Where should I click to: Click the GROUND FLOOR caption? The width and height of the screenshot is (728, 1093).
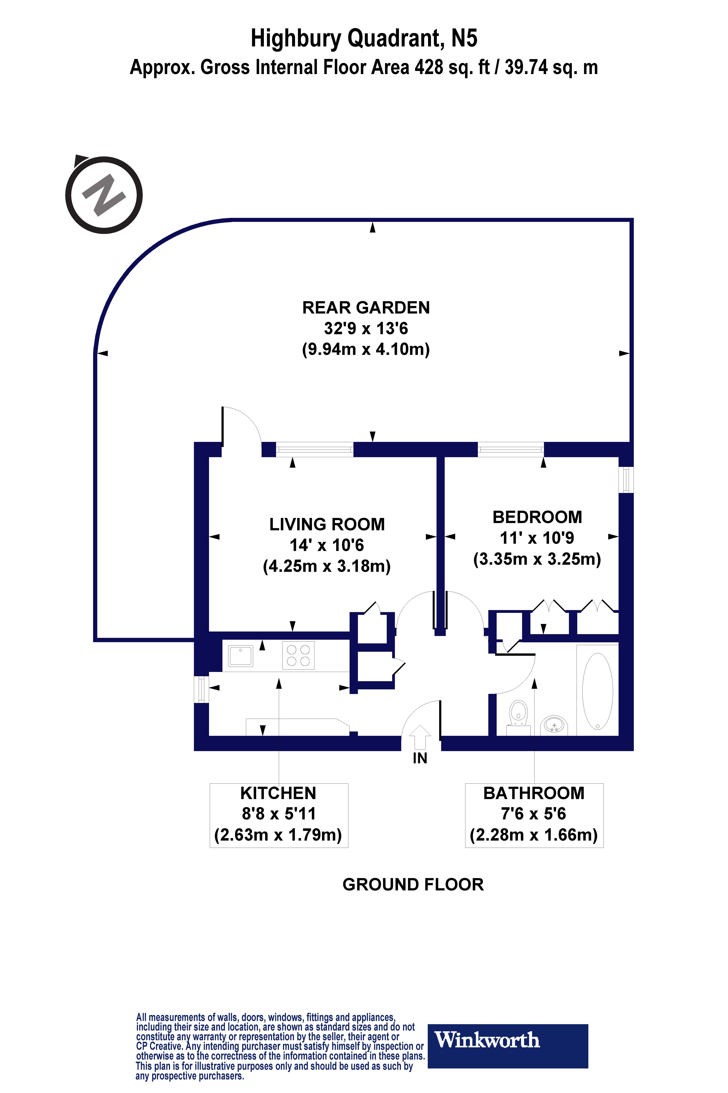[413, 884]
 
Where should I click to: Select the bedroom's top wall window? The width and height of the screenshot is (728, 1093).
[511, 449]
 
